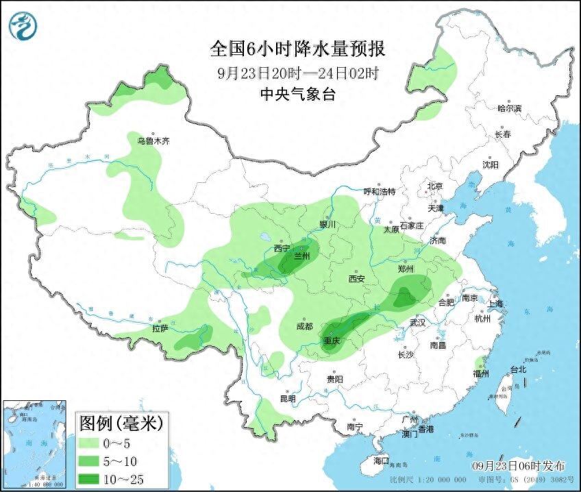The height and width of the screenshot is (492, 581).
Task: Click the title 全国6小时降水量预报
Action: click(x=297, y=49)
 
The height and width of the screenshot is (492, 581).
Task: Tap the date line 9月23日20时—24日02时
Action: click(x=297, y=73)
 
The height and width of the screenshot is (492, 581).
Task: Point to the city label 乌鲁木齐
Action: click(x=152, y=141)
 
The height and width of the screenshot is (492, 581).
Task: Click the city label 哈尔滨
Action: click(x=509, y=108)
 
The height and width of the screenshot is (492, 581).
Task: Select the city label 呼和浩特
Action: click(x=379, y=192)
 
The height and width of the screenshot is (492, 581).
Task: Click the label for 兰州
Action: click(x=301, y=256)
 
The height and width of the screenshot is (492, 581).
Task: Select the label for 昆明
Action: click(x=288, y=399)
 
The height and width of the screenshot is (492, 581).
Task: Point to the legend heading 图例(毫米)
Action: click(x=121, y=423)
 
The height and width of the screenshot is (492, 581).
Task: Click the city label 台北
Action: click(x=518, y=369)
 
